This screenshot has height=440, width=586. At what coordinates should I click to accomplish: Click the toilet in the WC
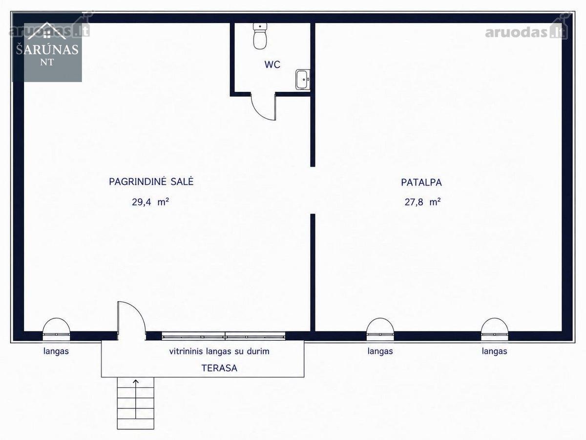click(x=260, y=36)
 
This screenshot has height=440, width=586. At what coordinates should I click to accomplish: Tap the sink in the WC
click(x=303, y=80)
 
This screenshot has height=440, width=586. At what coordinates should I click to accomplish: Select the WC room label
click(x=272, y=65)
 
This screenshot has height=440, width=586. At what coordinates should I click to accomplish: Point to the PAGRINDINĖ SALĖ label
click(x=151, y=181)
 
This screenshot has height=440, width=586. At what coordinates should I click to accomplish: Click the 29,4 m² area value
click(x=150, y=202)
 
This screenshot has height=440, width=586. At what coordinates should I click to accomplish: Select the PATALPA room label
click(x=421, y=182)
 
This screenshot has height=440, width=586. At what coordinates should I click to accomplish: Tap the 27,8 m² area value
click(x=422, y=202)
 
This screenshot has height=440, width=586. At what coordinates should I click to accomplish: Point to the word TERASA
click(x=219, y=368)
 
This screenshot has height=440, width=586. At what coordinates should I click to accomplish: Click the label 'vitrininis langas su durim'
click(x=219, y=351)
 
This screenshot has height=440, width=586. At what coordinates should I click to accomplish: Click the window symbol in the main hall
click(x=56, y=329)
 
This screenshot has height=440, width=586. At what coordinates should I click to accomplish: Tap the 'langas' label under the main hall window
click(x=56, y=351)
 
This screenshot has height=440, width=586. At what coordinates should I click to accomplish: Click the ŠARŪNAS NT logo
click(x=47, y=47)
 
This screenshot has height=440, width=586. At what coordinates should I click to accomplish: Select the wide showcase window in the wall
click(x=224, y=336)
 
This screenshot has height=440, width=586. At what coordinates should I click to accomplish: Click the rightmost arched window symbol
click(x=494, y=329)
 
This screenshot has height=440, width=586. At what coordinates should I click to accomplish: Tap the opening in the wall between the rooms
click(x=313, y=190)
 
